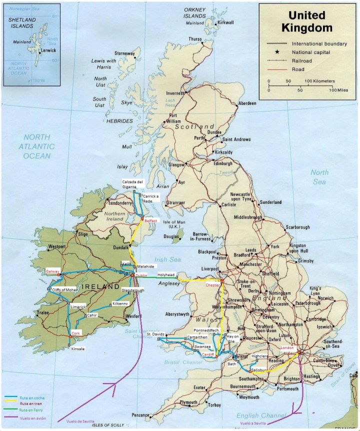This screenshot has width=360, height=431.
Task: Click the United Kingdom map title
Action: coord(307,21)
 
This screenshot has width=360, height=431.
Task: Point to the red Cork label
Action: coord(76,333)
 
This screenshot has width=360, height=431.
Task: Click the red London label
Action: coord(289,348)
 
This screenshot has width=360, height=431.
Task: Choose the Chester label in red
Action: coord(213,284)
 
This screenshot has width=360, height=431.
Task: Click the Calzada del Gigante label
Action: coord(133,184)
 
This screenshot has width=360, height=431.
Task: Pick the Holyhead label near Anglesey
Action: coord(166,274)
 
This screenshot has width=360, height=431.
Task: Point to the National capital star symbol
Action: coord(277,52)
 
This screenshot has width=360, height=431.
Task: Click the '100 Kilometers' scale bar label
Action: coord(320,80)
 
